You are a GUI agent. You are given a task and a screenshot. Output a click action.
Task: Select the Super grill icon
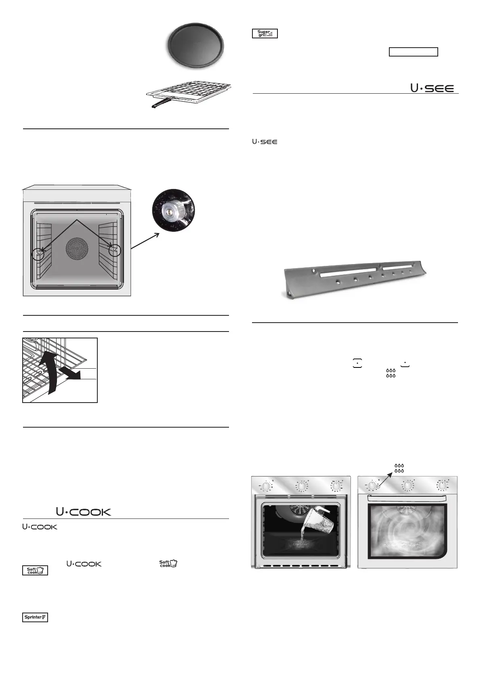[265, 34]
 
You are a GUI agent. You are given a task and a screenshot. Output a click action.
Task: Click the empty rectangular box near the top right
[413, 52]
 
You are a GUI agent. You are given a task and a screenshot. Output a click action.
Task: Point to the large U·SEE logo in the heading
[432, 88]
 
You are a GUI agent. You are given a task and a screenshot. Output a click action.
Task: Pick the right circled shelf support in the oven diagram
[115, 250]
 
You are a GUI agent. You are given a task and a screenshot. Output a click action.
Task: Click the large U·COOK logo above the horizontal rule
[83, 512]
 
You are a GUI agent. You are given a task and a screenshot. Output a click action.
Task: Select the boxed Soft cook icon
[35, 571]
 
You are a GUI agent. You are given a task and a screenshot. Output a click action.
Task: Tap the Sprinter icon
[35, 617]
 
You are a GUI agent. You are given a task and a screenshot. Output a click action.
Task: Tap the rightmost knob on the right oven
[443, 486]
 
